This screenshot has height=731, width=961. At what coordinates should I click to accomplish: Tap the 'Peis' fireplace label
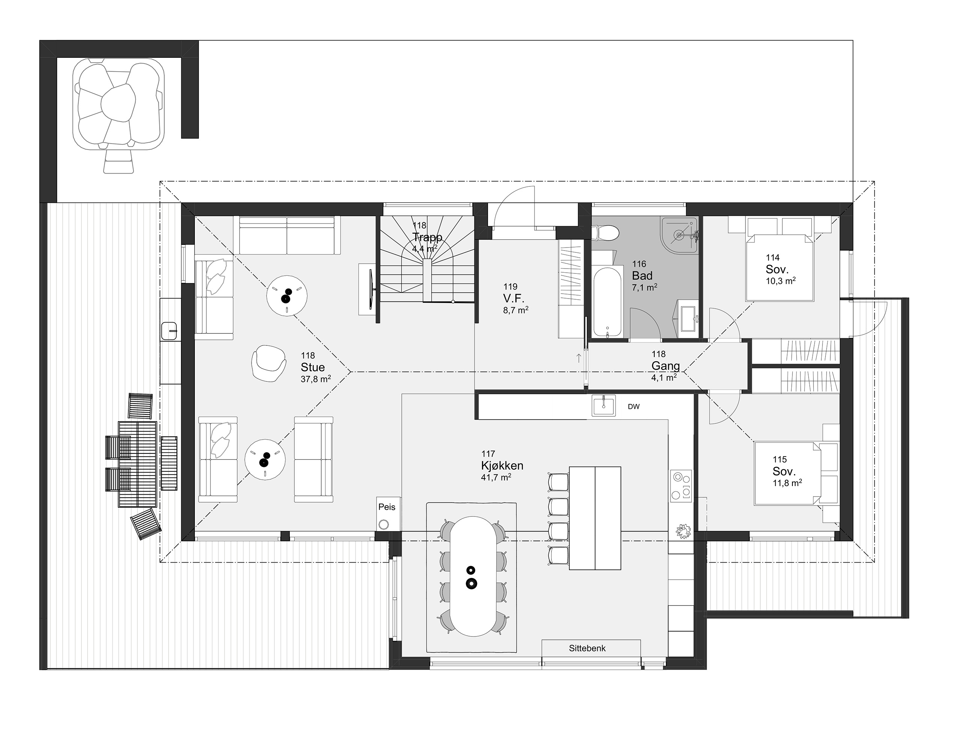[387, 507]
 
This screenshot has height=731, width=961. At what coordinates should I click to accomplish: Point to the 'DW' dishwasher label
[634, 407]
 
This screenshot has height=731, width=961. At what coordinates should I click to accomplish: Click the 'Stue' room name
[313, 367]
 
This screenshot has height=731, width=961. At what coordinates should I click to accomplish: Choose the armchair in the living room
[269, 363]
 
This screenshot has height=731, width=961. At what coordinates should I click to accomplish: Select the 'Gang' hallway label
[665, 366]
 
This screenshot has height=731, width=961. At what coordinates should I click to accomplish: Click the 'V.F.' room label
[514, 299]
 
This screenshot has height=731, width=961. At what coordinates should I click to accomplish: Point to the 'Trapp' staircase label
[427, 237]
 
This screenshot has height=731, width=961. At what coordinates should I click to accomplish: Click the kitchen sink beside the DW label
[603, 406]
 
